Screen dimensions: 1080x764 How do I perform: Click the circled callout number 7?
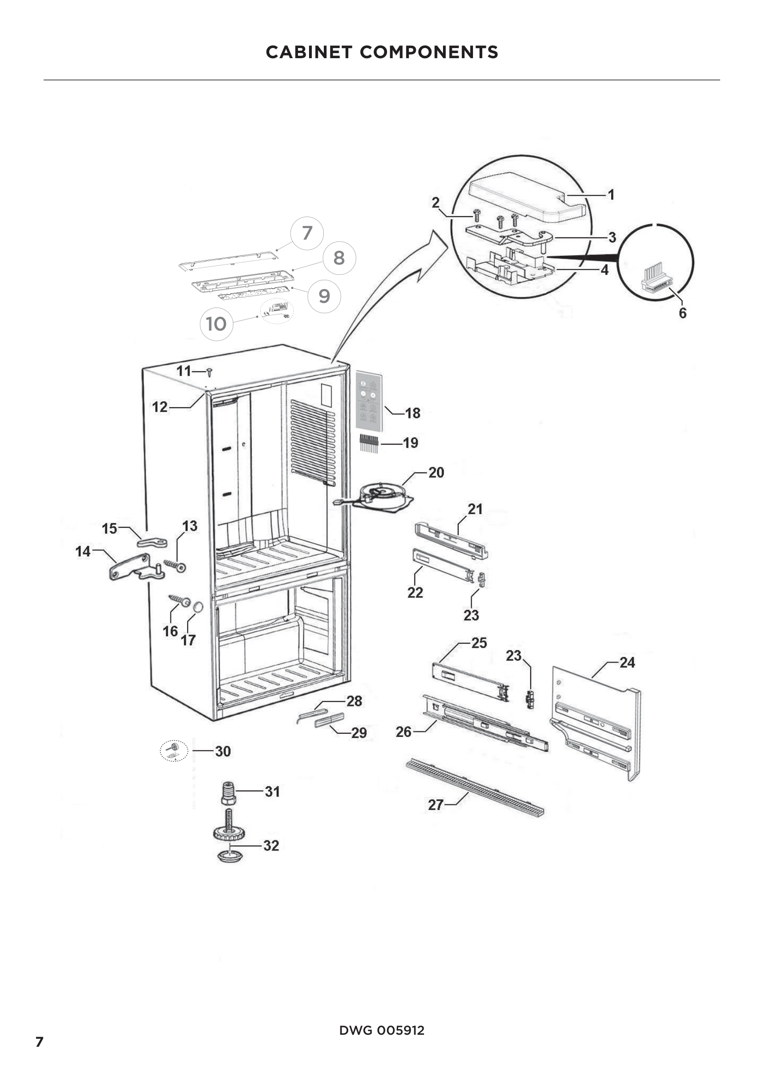click(307, 233)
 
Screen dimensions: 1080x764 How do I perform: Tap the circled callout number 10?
click(216, 324)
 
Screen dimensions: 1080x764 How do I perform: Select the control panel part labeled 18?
click(369, 401)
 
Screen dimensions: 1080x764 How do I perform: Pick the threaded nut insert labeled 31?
click(228, 793)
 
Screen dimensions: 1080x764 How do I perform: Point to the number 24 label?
click(627, 662)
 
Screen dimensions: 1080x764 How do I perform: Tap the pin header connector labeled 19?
click(370, 443)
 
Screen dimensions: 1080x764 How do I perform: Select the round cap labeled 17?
click(198, 607)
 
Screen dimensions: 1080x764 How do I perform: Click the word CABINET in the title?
click(309, 52)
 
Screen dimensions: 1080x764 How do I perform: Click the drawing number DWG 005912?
click(382, 1030)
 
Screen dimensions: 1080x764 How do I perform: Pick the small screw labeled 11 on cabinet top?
click(210, 372)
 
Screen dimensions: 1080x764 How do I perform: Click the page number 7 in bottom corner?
click(40, 1041)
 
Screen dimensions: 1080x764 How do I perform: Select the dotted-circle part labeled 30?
click(174, 751)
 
